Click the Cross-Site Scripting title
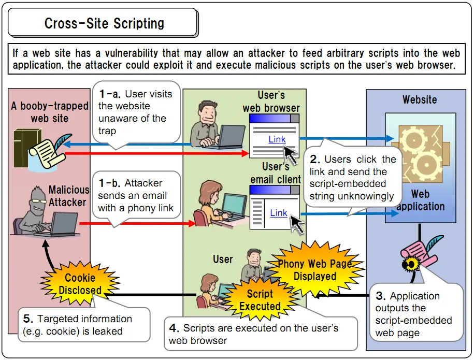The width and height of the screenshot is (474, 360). (104, 23)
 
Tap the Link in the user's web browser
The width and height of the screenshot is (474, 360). (277, 139)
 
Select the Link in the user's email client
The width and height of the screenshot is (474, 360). (278, 212)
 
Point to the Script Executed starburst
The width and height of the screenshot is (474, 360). (260, 300)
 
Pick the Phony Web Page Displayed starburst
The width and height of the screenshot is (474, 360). (315, 270)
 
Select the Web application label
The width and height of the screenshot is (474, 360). (420, 200)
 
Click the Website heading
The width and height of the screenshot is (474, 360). (420, 99)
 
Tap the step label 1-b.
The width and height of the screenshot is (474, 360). (109, 183)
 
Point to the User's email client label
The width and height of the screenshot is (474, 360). (275, 173)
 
